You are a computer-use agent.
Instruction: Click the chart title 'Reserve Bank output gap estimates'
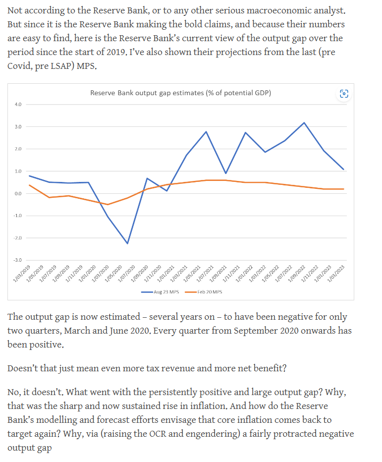coord(180,93)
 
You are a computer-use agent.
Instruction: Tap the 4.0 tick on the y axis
coord(18,105)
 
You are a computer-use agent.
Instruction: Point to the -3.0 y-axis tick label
coord(18,260)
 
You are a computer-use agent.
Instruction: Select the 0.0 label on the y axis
coord(18,193)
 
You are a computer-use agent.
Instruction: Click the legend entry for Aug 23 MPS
coord(161,292)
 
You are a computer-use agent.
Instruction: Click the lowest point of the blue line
coord(127,243)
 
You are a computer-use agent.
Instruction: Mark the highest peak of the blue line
coord(304,122)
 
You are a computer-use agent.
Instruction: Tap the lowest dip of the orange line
coord(108,204)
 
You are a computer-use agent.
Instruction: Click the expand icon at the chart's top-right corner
coord(344,93)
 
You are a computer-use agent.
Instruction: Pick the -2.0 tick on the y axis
coord(18,238)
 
